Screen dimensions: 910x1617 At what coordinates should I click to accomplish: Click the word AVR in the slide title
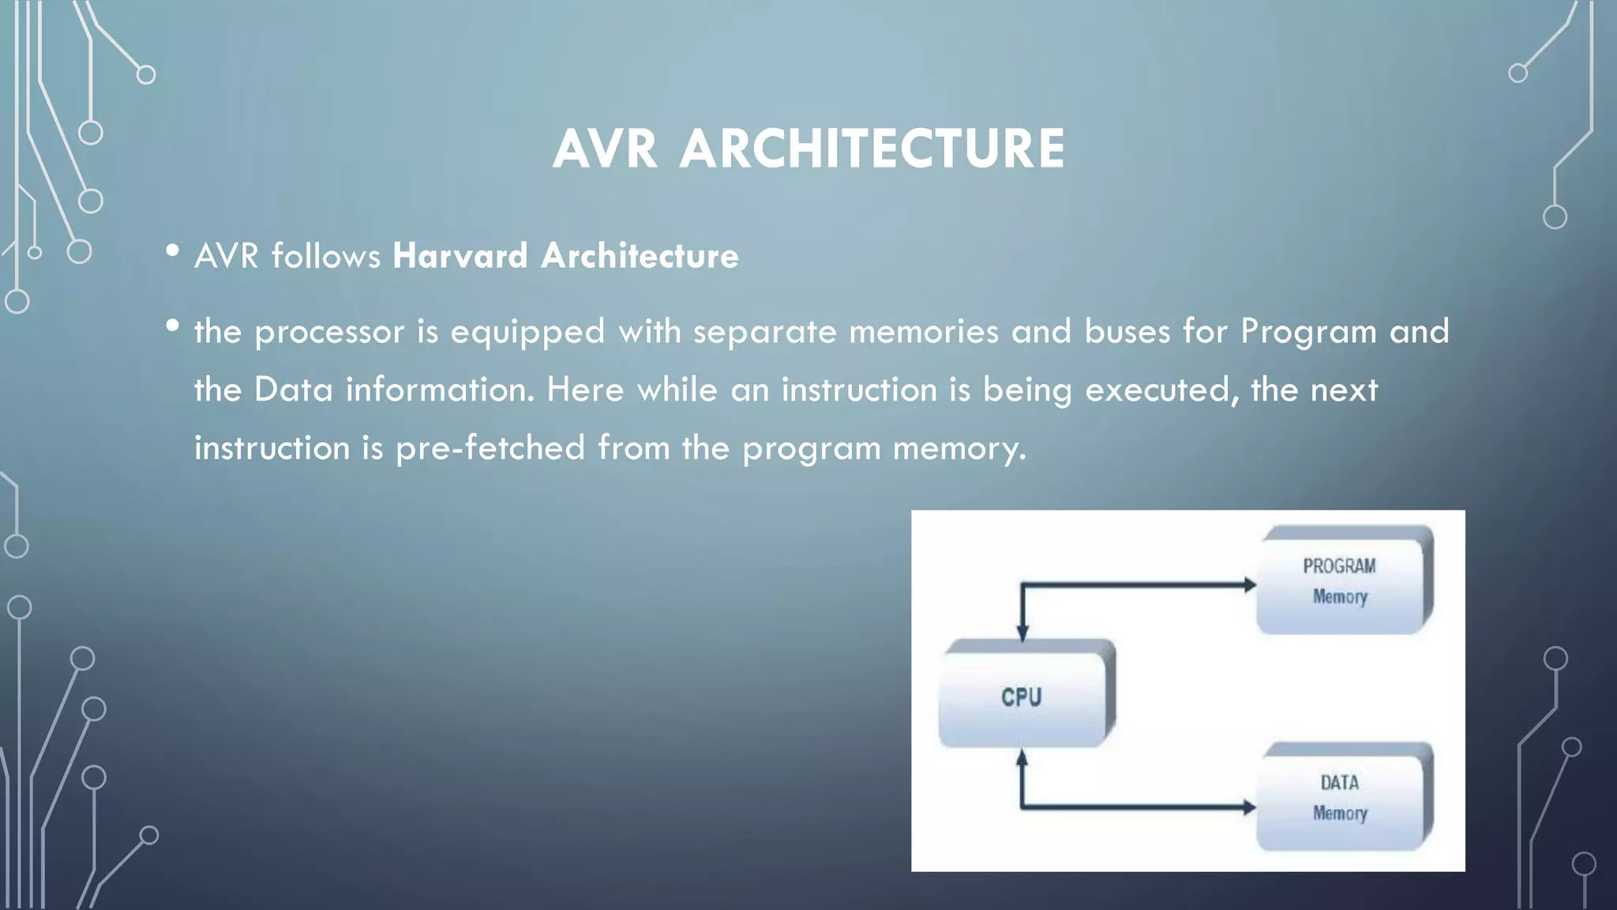tap(605, 149)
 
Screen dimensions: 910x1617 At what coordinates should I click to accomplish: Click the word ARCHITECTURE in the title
tap(872, 149)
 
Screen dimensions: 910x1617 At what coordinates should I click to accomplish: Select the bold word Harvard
tap(460, 256)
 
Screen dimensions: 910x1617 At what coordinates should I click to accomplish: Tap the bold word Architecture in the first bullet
tap(640, 256)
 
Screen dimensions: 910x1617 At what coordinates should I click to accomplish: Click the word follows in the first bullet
tap(325, 256)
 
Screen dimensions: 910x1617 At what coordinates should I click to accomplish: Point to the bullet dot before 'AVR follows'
tap(172, 251)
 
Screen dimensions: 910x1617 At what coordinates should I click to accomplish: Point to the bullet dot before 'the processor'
tap(172, 325)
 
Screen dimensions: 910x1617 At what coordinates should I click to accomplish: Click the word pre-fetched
tap(490, 448)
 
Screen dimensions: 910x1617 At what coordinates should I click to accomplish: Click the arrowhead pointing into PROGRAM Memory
tap(1249, 585)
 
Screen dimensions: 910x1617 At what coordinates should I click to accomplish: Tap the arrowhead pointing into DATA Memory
tap(1249, 807)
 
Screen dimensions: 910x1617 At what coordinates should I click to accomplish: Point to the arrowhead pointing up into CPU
tap(1022, 758)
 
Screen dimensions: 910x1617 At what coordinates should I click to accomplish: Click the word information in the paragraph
tap(440, 390)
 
